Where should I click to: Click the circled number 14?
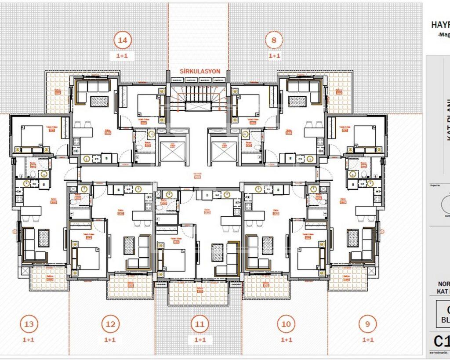click(123, 40)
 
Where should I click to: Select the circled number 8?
click(274, 40)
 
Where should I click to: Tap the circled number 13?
click(29, 324)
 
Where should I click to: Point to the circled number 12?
click(110, 324)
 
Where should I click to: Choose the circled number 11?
click(200, 324)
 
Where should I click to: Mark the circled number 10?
click(286, 324)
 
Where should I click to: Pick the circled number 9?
click(368, 324)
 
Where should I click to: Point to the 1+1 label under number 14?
click(123, 56)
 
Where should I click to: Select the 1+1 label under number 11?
click(200, 340)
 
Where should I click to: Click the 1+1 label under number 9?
click(368, 340)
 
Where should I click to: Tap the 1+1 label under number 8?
click(274, 56)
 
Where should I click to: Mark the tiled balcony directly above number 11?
click(199, 293)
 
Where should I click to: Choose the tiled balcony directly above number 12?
click(131, 286)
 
